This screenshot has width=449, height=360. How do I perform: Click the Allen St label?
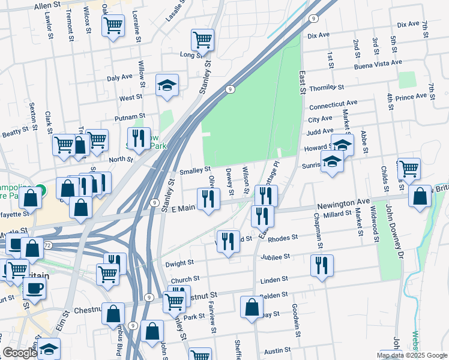[48, 5]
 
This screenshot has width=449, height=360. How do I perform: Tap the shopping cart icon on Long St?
[203, 40]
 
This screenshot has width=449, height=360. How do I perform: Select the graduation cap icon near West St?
[167, 85]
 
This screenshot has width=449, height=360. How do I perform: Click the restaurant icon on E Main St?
[208, 199]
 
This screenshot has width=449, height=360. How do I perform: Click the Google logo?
[19, 353]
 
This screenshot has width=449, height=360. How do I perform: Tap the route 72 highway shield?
[46, 246]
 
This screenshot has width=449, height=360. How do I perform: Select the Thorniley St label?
[327, 88]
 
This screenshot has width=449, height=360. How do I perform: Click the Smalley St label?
[191, 170]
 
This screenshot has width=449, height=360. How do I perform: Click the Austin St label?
[278, 350]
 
